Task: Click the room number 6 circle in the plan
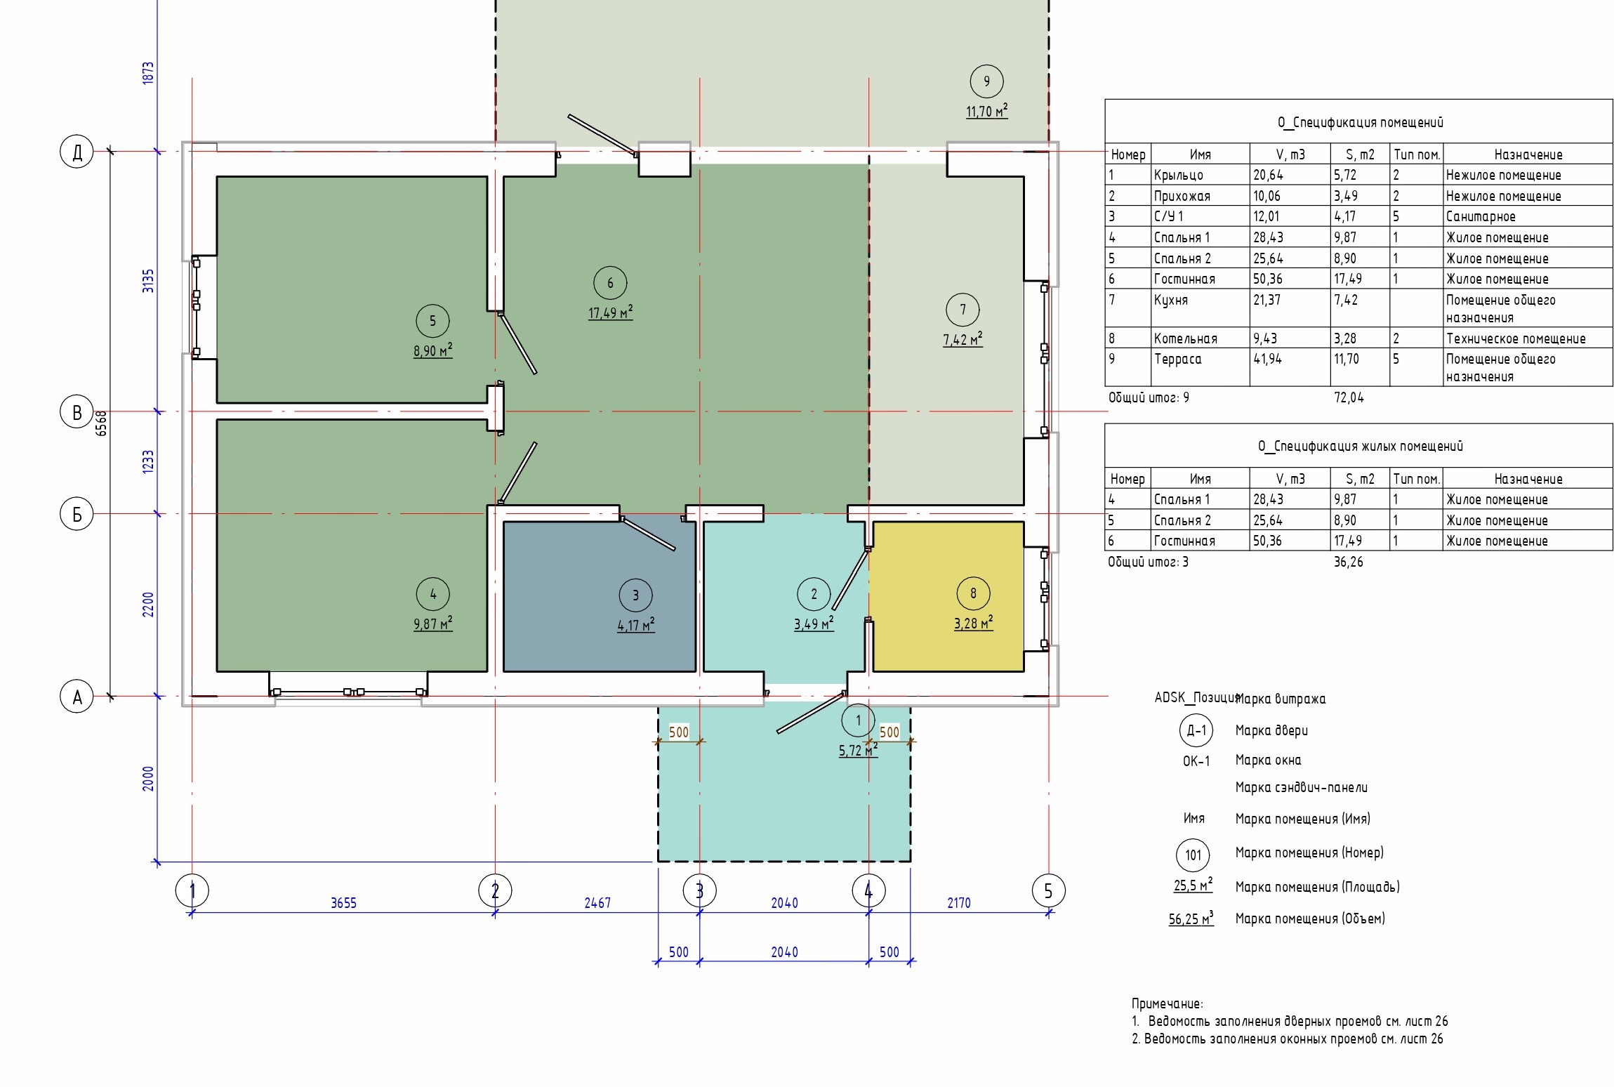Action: point(610,283)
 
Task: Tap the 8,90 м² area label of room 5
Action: point(432,350)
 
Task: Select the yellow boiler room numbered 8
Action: point(946,596)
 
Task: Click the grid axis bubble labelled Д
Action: point(77,152)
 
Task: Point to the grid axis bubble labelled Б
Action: point(77,514)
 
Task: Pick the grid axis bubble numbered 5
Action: point(1049,891)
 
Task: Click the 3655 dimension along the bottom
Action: point(343,903)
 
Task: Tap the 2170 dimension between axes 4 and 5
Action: point(959,903)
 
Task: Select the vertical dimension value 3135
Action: point(148,281)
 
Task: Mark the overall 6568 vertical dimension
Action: point(102,423)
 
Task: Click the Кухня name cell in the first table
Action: point(1171,300)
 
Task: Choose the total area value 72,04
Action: point(1349,398)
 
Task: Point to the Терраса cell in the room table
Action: point(1177,360)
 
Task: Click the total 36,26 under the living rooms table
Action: point(1349,562)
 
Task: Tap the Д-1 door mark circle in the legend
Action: point(1196,731)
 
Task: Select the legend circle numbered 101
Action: point(1193,855)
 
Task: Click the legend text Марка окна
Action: point(1268,760)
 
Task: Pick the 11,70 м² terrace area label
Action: point(987,111)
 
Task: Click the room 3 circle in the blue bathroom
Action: point(635,595)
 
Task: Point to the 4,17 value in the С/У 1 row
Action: point(1345,216)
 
